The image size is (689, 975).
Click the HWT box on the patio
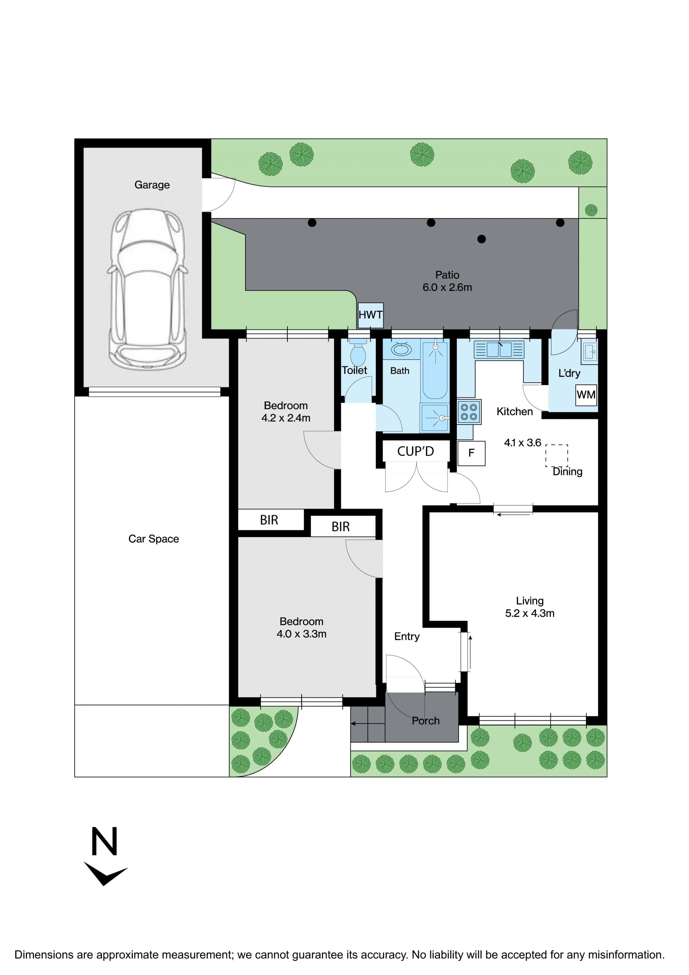click(370, 315)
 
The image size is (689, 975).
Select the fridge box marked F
click(471, 453)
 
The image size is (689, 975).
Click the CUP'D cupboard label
click(416, 451)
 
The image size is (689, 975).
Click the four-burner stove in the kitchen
click(469, 412)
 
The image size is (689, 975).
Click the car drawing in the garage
click(147, 289)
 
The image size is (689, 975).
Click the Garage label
click(152, 185)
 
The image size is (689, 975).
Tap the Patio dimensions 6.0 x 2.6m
click(447, 287)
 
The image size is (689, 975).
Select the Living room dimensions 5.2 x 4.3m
click(530, 613)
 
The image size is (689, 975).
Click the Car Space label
click(154, 539)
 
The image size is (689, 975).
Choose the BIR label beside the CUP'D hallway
click(341, 526)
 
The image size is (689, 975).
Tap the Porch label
click(426, 721)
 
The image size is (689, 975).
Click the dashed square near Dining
click(557, 456)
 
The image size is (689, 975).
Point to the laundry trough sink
click(590, 352)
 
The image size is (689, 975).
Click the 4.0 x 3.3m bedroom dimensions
click(301, 634)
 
